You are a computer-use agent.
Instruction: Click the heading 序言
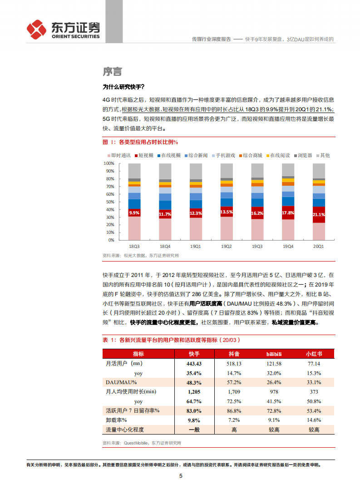(x=112, y=72)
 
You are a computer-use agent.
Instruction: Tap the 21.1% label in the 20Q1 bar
(x=319, y=214)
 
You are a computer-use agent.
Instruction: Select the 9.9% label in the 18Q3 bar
(x=134, y=212)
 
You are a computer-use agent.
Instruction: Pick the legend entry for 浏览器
(x=302, y=155)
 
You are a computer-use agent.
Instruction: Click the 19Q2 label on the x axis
(x=227, y=247)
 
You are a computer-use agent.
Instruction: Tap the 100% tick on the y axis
(x=108, y=163)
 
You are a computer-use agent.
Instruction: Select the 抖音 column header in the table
(x=234, y=354)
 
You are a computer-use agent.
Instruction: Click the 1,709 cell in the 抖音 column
(x=234, y=391)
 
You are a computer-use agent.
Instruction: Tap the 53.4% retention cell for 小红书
(x=314, y=410)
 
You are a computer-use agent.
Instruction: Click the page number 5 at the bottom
(x=181, y=476)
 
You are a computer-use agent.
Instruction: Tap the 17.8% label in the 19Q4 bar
(x=288, y=213)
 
